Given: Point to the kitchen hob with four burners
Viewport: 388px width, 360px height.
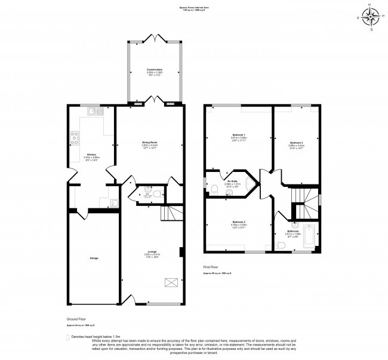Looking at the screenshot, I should (76, 139).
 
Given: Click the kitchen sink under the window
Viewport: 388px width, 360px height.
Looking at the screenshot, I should (94, 110).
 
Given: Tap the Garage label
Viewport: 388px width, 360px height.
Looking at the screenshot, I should (94, 258).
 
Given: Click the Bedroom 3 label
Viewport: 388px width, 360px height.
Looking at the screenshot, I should (297, 143).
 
